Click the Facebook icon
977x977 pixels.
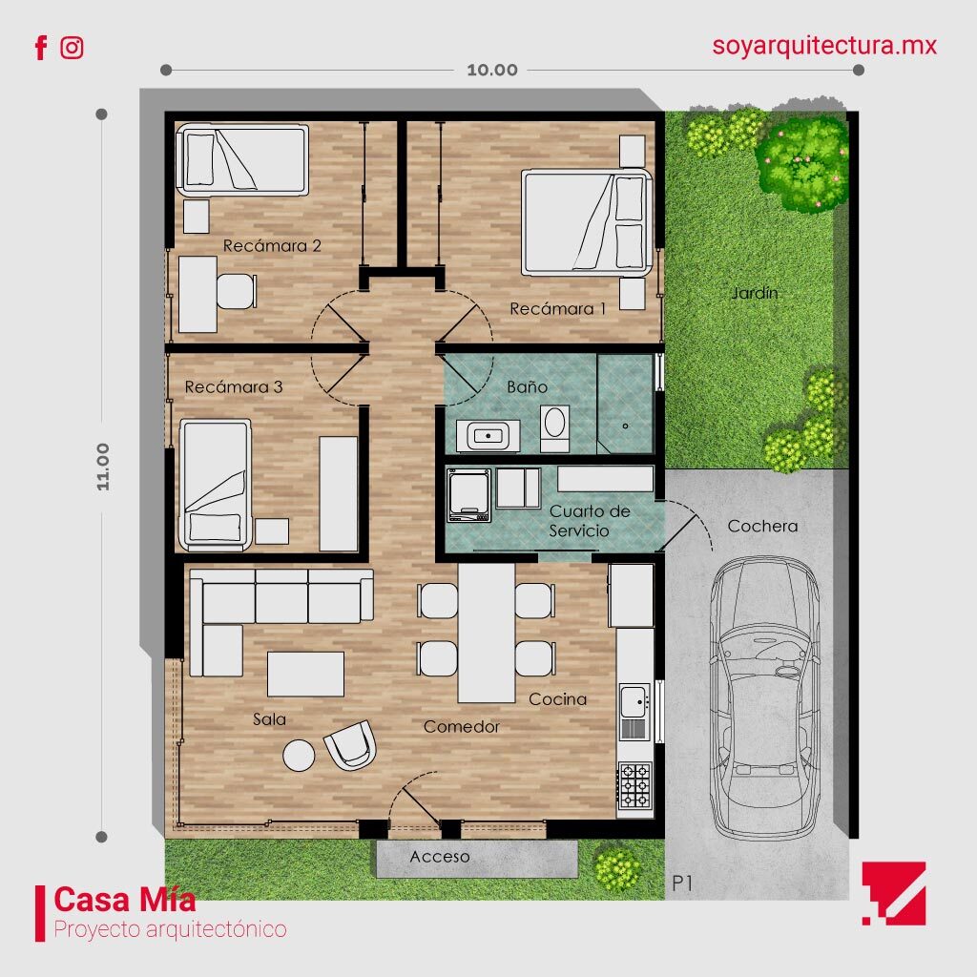pos(40,48)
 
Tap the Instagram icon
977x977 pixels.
pos(72,48)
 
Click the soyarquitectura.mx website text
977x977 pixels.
pos(824,45)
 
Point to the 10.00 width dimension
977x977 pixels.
pos(492,70)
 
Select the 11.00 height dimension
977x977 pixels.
pos(102,467)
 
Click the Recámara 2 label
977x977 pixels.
pos(272,245)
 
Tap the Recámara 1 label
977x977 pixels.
pos(557,308)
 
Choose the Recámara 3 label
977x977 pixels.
pos(233,387)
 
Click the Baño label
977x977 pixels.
pos(527,386)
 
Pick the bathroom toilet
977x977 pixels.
pos(553,426)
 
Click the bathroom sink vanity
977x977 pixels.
pos(488,435)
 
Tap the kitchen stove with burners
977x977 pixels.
pos(634,786)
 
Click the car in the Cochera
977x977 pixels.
pos(764,696)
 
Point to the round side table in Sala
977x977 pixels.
pos(300,756)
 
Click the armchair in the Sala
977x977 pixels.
pos(350,744)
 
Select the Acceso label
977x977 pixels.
pos(440,857)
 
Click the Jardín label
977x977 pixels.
pos(755,293)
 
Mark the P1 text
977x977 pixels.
pos(681,883)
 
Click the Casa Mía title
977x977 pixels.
pos(125,899)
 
